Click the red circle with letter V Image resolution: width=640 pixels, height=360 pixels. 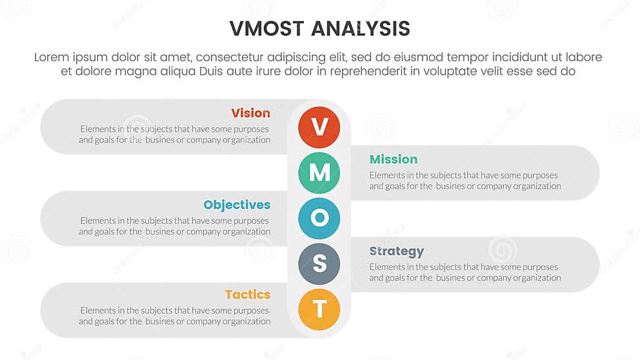[x=319, y=127]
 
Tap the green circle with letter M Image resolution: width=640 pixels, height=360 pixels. [x=319, y=173]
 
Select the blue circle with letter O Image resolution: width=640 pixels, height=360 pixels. [x=319, y=219]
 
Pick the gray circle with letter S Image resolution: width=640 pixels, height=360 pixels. [x=319, y=265]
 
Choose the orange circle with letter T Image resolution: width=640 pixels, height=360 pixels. [x=319, y=310]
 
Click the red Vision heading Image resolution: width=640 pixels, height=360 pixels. [x=250, y=114]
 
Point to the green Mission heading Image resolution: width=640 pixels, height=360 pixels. [x=393, y=159]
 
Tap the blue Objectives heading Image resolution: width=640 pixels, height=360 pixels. [x=237, y=205]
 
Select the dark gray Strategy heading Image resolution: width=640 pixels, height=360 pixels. [x=396, y=252]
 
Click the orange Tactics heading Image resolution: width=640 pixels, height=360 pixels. [x=247, y=295]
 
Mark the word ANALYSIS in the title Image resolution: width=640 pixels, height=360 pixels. [x=361, y=29]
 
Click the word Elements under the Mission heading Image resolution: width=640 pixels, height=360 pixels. [x=387, y=175]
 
